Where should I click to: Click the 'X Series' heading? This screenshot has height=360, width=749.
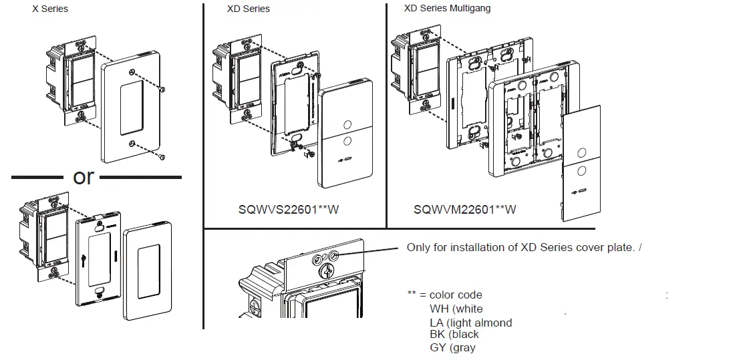tap(50, 9)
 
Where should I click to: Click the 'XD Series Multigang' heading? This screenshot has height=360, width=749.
tap(448, 9)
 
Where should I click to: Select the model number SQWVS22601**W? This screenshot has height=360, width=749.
tap(289, 209)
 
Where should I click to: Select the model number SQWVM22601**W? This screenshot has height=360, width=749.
tap(464, 209)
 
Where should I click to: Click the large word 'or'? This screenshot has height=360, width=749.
tap(84, 177)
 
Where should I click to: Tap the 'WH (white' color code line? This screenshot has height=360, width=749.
tap(456, 309)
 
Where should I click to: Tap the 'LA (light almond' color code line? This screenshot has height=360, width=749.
tap(471, 323)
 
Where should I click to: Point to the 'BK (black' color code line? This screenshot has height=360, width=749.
tap(454, 334)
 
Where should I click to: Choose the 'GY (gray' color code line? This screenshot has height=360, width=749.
tap(452, 347)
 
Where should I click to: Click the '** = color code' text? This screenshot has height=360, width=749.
tap(444, 295)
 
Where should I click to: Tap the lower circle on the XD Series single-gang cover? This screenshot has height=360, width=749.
tap(347, 141)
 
